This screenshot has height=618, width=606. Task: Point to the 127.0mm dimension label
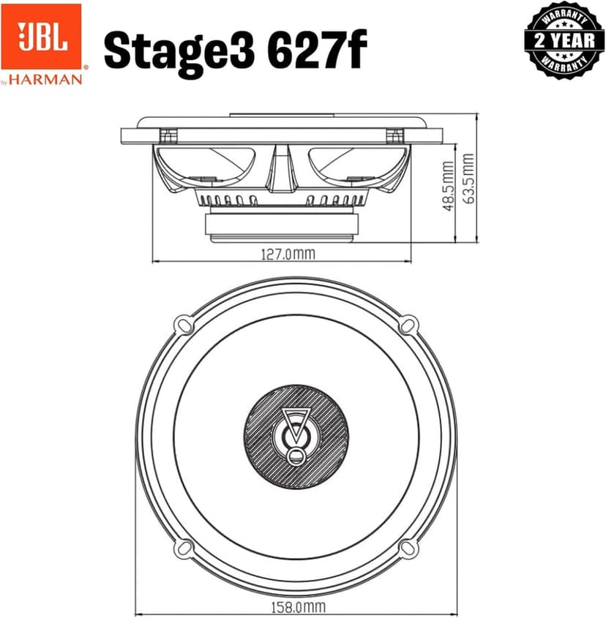[x=288, y=255]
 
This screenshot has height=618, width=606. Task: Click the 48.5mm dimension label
[x=448, y=189]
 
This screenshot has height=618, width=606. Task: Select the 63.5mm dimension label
[x=468, y=179]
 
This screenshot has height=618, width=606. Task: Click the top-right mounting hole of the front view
[x=410, y=323]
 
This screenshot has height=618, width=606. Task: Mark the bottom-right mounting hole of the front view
[x=410, y=549]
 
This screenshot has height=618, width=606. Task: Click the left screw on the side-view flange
[x=168, y=135]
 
